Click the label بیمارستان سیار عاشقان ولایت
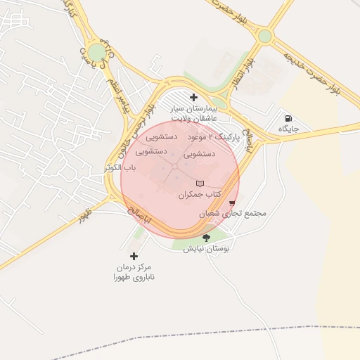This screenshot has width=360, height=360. [193, 115]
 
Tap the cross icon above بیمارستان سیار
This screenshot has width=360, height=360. [193, 97]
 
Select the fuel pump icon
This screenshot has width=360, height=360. [288, 117]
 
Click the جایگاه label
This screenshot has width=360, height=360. [288, 130]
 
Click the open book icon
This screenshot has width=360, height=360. [200, 183]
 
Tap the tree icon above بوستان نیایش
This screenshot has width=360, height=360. [206, 238]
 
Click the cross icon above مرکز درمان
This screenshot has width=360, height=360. [134, 256]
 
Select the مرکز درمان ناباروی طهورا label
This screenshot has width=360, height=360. [134, 272]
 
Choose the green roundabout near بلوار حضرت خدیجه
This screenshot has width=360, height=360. [264, 36]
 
